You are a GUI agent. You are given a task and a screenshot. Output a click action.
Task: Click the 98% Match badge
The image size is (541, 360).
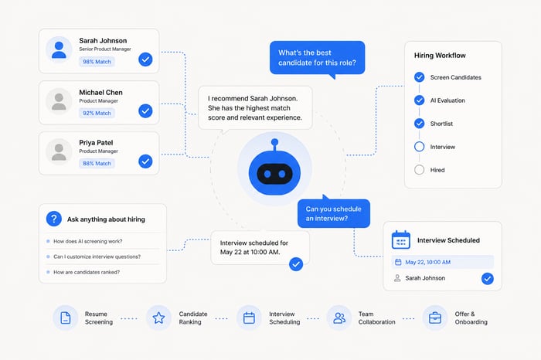click(97, 62)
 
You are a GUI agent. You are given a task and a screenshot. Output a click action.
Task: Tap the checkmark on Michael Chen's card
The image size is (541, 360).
click(145, 111)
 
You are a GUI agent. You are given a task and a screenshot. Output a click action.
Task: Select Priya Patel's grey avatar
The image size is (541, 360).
click(59, 152)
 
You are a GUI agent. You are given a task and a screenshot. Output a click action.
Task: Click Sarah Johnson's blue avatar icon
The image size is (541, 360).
click(59, 49)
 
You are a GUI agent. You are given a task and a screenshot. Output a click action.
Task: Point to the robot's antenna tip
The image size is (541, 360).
click(274, 142)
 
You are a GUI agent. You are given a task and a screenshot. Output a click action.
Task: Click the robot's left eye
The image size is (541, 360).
click(267, 174)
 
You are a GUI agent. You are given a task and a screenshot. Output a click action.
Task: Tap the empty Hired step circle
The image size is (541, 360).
click(419, 170)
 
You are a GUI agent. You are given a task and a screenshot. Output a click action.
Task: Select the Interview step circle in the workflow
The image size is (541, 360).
click(419, 147)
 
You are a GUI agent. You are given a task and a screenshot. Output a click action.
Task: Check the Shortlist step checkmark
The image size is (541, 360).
click(419, 124)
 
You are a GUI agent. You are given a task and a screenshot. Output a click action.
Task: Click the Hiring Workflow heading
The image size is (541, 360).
click(440, 56)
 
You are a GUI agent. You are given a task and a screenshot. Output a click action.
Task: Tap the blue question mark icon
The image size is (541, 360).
click(54, 219)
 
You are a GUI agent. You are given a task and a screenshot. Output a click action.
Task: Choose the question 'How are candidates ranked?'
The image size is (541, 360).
click(87, 272)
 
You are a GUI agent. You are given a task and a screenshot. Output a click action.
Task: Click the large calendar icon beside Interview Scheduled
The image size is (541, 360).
click(401, 239)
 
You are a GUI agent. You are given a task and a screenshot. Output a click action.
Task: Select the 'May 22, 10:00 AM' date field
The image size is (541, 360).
click(442, 262)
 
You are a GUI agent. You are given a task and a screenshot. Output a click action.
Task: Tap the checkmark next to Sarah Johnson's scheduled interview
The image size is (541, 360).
click(487, 278)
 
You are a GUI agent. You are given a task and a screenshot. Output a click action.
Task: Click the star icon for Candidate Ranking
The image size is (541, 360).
click(158, 318)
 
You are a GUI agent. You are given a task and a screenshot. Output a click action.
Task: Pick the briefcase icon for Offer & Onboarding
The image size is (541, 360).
click(434, 318)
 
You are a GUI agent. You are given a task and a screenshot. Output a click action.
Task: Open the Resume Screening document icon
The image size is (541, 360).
click(66, 318)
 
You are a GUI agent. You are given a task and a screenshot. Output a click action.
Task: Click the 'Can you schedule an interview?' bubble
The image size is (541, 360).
click(334, 213)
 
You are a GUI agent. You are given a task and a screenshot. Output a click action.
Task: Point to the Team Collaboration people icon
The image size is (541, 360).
click(339, 318)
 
